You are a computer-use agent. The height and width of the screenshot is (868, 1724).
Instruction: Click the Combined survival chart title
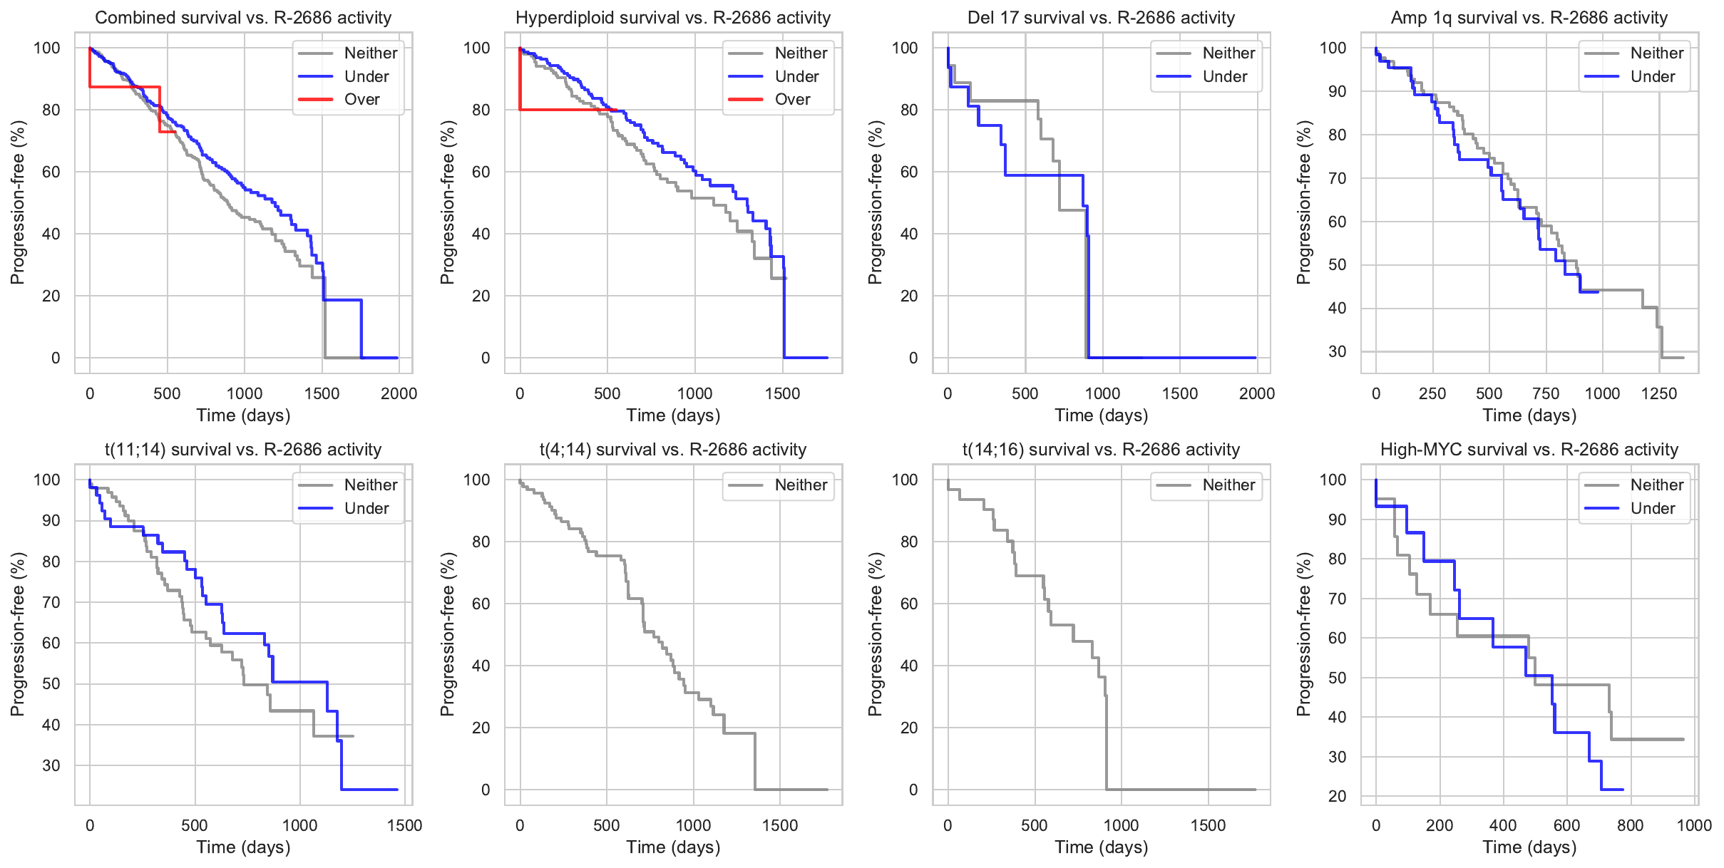[x=243, y=18]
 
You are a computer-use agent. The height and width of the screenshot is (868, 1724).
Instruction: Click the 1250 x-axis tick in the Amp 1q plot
[x=1658, y=393]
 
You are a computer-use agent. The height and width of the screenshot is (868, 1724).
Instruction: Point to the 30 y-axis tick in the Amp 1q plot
[x=1337, y=351]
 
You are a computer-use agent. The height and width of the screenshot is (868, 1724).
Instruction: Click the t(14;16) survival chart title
[x=1101, y=450]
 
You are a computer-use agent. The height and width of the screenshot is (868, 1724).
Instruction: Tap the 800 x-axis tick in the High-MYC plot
[x=1631, y=825]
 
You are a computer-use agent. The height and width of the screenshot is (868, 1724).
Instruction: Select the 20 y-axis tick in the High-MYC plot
[x=1337, y=796]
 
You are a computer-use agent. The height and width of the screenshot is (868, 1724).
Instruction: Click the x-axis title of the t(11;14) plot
[x=243, y=847]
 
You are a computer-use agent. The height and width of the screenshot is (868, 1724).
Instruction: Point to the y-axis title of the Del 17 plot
[x=875, y=202]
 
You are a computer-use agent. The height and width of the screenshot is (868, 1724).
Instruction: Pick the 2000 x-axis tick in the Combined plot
[x=399, y=393]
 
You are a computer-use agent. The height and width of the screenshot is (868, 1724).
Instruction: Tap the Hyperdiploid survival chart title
[x=673, y=18]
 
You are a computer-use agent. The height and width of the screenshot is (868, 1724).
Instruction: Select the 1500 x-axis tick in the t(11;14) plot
[x=404, y=825]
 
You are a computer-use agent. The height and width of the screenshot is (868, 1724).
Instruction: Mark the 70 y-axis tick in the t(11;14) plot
[x=51, y=602]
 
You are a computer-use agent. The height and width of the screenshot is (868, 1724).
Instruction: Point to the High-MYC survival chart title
[x=1529, y=450]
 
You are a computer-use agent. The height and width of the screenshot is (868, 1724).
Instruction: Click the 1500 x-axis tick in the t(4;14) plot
[x=780, y=825]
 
